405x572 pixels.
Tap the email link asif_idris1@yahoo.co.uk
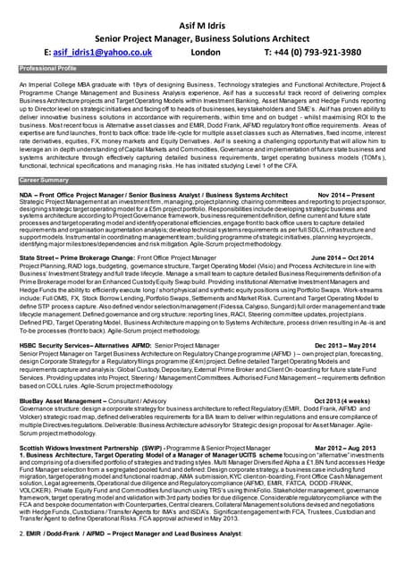[103, 52]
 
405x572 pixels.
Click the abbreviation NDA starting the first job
[26, 193]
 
